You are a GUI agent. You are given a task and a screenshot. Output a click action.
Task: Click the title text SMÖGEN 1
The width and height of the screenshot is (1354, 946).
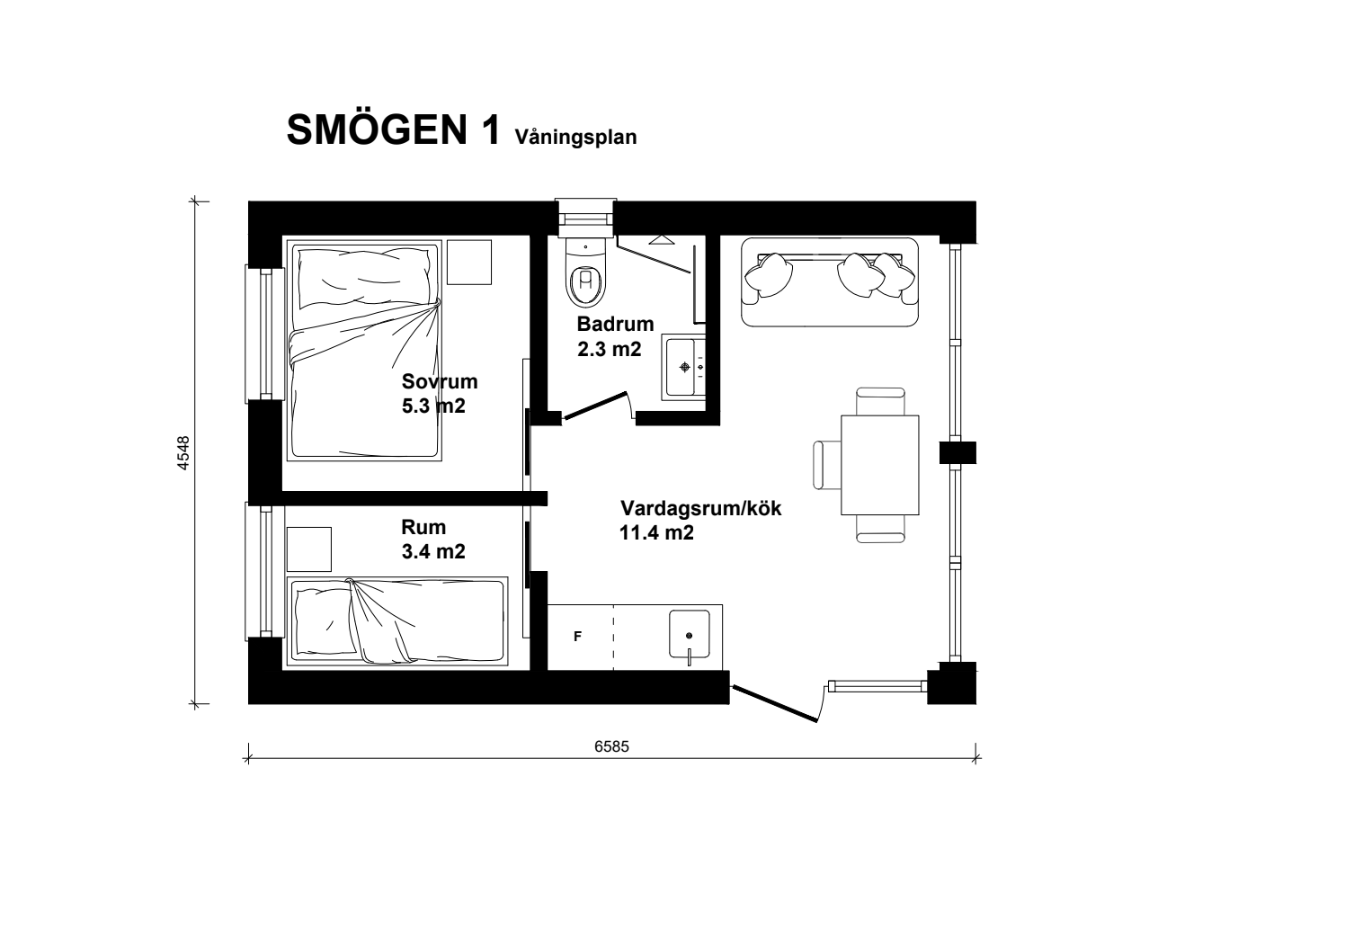point(394,129)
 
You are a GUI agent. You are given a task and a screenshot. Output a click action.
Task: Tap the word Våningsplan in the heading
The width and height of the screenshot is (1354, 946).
point(575,138)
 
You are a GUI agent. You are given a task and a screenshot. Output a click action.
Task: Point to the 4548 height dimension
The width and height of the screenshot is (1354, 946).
point(183,452)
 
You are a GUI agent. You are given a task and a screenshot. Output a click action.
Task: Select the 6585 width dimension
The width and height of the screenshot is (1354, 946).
point(611,746)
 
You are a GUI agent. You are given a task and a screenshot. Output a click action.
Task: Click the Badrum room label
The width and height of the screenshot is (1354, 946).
point(615,324)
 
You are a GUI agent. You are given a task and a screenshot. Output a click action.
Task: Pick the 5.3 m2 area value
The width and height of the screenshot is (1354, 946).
point(433,406)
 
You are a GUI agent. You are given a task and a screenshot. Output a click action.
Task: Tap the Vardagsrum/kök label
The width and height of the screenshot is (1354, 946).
point(700,508)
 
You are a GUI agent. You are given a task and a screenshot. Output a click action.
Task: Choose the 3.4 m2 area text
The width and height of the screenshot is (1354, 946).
point(433,552)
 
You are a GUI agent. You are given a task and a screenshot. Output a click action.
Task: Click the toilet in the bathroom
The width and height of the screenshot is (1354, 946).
point(585,273)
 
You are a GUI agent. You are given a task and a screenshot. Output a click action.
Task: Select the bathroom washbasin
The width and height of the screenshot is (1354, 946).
point(683,367)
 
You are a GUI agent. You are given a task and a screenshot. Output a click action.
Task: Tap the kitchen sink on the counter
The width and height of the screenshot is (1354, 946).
point(689,634)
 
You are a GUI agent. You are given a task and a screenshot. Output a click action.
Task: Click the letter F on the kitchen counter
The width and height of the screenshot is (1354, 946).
point(577,636)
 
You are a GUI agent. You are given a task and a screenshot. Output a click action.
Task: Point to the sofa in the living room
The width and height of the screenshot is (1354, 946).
point(829,281)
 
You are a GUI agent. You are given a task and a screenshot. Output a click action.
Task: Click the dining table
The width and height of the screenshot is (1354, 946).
point(879,465)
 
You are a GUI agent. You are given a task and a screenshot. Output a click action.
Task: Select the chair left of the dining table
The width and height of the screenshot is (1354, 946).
point(827,465)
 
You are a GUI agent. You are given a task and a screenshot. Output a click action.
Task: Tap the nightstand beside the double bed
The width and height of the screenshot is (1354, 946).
point(469,262)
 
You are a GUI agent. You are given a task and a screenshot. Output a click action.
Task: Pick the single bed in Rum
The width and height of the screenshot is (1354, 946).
point(397,620)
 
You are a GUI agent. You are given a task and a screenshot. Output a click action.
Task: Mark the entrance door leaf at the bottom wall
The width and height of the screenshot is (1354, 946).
point(775,703)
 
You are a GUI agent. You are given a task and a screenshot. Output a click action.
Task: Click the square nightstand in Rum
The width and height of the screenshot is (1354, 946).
point(309,549)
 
